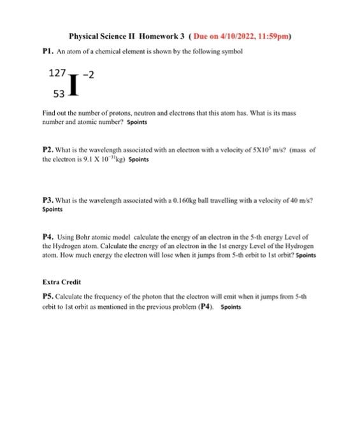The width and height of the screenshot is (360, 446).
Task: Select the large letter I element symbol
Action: pos(75,84)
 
